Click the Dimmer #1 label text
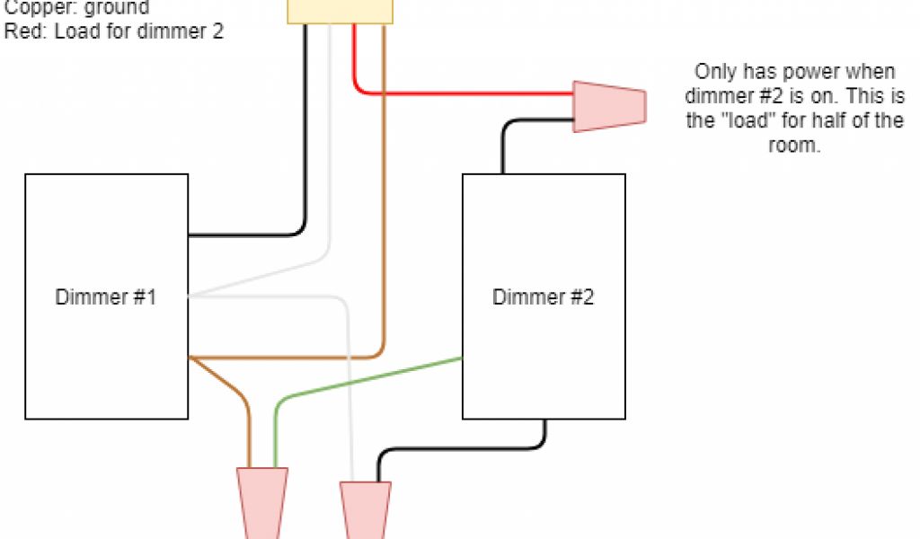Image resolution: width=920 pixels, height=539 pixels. [106, 297]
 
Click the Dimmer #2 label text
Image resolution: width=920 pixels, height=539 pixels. [543, 297]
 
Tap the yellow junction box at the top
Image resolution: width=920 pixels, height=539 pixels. [341, 11]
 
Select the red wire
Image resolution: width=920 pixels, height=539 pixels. [467, 93]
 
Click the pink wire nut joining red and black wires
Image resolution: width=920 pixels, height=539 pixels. [609, 105]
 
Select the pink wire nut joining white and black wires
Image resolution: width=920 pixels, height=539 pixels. [365, 507]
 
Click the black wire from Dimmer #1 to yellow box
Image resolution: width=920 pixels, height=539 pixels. [305, 135]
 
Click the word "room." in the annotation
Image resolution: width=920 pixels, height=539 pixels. [794, 146]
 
